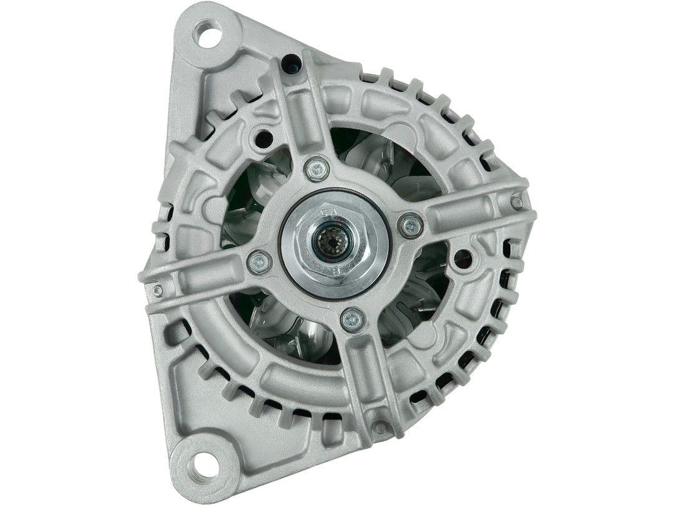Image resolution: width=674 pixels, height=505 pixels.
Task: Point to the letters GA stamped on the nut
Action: tap(329, 213)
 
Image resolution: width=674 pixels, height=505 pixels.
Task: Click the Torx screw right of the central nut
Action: tap(409, 225)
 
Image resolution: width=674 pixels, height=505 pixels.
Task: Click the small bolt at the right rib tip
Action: tap(515, 200)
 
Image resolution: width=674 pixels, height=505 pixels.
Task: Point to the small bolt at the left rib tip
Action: tap(157, 291)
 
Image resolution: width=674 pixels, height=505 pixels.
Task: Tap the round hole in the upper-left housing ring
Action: tap(263, 137)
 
